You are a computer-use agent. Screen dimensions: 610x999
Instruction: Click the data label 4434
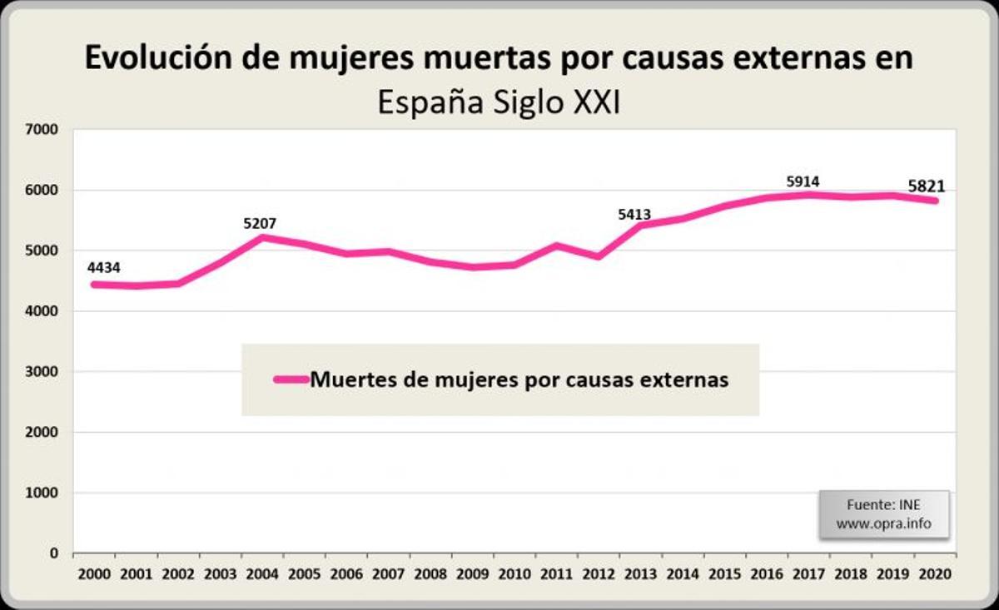point(105,267)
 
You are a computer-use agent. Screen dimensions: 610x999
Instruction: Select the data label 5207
point(260,223)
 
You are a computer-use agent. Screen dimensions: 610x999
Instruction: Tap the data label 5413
point(634,216)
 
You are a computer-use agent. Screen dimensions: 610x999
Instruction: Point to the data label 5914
point(803,181)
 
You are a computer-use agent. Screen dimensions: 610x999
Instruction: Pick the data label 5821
point(927,187)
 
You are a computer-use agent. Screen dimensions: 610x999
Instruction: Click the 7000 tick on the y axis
point(42,130)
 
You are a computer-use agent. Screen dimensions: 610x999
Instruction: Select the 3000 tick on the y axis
point(42,372)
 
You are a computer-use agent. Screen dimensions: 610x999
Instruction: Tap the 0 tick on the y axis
point(53,553)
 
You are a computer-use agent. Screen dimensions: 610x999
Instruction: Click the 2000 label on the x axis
point(94,574)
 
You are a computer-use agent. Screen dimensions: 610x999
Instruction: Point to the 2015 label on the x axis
point(725,574)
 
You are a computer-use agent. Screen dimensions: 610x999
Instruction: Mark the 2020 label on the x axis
point(934,574)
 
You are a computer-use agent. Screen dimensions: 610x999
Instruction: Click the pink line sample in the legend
point(291,379)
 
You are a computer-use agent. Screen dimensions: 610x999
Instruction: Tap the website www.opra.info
point(883,524)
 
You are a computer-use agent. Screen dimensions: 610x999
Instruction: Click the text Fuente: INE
point(883,504)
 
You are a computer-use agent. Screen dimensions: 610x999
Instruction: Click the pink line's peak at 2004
point(262,237)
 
